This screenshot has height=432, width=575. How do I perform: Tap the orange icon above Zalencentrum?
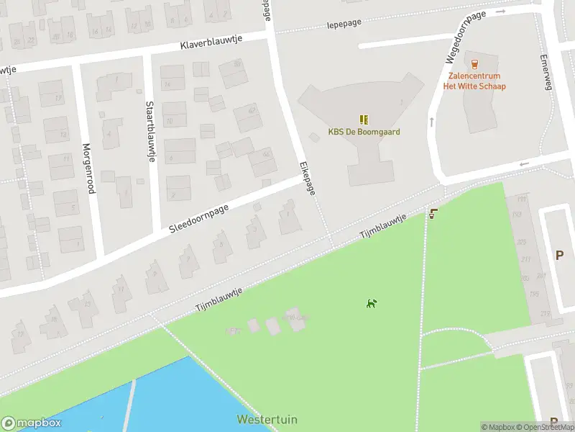pos(474,64)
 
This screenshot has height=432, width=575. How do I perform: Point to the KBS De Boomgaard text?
pos(364,132)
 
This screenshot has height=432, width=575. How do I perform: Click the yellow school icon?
pos(364,120)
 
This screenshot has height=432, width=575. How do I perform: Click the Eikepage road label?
pos(308,177)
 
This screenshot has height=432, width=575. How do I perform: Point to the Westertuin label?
pos(267,420)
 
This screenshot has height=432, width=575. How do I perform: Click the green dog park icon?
pos(372,303)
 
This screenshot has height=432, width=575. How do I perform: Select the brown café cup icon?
pos(433,213)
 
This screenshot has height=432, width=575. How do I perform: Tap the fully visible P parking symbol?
pos(559,254)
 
